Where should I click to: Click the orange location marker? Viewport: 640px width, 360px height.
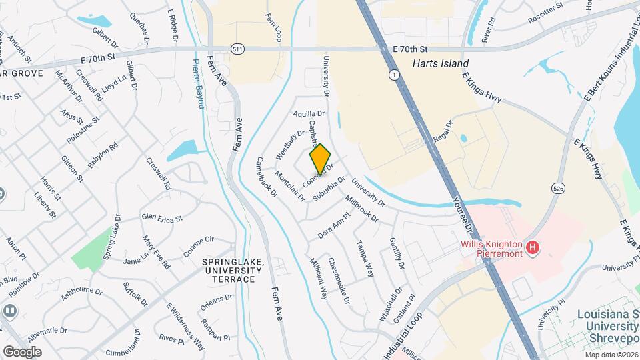(x=321, y=159)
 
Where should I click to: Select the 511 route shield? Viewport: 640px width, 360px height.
(x=237, y=49)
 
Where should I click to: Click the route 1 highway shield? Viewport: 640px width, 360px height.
(x=396, y=75)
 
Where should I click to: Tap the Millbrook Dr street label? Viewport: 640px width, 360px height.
(x=361, y=208)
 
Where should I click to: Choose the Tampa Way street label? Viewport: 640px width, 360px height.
(x=365, y=259)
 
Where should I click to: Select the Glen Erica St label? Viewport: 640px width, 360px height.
(x=161, y=217)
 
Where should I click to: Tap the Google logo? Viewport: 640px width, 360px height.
(x=22, y=351)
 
